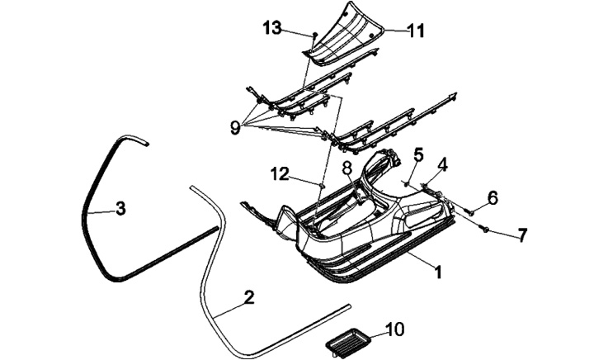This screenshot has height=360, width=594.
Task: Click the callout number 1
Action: (x=439, y=270)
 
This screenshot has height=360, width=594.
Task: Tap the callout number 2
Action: (x=248, y=298)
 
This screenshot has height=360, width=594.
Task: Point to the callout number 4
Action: (x=442, y=164)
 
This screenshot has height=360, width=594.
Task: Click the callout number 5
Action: (x=418, y=154)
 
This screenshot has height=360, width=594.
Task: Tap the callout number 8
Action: (x=347, y=167)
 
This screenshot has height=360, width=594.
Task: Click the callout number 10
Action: (x=395, y=329)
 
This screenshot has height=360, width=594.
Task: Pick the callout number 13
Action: (x=272, y=29)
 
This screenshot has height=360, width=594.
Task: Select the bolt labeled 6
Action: (x=470, y=211)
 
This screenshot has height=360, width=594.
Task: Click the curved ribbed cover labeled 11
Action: (x=346, y=33)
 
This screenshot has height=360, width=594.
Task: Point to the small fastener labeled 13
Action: (x=315, y=36)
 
